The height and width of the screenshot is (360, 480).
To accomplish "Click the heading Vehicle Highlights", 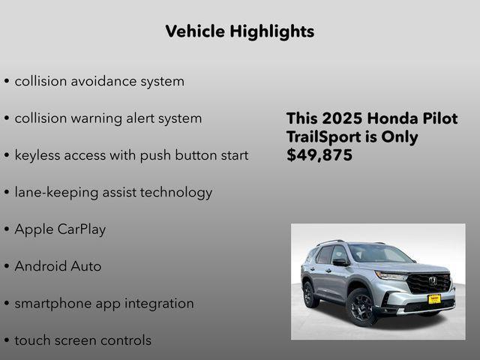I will point(239,31).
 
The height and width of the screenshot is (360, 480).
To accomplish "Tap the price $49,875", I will point(319,156).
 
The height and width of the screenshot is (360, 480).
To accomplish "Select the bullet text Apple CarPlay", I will point(60,229).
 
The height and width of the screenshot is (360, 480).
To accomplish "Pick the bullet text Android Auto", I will point(58,266).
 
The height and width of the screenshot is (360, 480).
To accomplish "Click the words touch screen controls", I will point(82,340).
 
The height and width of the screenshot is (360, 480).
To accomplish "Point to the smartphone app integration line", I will point(104,304).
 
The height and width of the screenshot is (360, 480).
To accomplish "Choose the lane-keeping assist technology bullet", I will point(113,193).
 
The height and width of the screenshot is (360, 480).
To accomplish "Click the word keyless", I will point(37,156).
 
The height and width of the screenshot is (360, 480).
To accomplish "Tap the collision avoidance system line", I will point(99,81).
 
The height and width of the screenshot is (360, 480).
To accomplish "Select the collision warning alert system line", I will point(108,118).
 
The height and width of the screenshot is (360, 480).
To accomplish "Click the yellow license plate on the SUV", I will point(434,298).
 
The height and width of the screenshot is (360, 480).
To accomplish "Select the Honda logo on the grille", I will point(433,280).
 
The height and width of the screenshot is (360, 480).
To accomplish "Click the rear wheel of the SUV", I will point(308,293).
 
